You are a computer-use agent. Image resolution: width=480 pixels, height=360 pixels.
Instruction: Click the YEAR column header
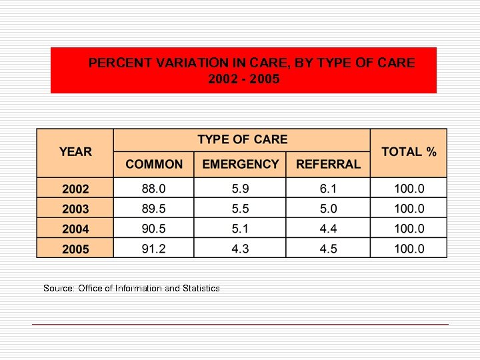pyautogui.click(x=75, y=152)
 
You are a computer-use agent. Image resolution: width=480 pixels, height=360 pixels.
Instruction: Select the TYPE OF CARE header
pyautogui.click(x=242, y=139)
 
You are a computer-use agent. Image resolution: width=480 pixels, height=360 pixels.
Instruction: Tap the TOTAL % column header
pyautogui.click(x=409, y=152)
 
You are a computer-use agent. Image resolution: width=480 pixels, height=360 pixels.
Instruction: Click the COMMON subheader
pyautogui.click(x=154, y=164)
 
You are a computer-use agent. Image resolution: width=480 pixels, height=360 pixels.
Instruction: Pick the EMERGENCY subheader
pyautogui.click(x=240, y=164)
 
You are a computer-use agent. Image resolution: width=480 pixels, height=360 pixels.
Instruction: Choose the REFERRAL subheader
pyautogui.click(x=328, y=164)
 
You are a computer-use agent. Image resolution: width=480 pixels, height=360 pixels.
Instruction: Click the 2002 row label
pyautogui.click(x=75, y=189)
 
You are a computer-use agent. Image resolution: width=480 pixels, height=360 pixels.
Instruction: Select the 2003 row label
pyautogui.click(x=75, y=209)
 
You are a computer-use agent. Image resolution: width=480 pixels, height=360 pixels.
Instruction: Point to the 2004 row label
pyautogui.click(x=75, y=229)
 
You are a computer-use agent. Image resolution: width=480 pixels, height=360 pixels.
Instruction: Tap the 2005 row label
pyautogui.click(x=75, y=249)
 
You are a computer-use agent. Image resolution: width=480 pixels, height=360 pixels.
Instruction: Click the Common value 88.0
pyautogui.click(x=154, y=189)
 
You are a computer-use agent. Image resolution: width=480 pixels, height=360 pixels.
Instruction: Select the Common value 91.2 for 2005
pyautogui.click(x=154, y=249)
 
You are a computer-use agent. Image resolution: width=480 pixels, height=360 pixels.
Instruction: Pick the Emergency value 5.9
pyautogui.click(x=240, y=189)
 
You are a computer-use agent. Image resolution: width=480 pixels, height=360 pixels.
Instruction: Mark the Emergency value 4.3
pyautogui.click(x=240, y=249)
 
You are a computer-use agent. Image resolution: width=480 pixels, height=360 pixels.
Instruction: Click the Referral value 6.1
pyautogui.click(x=328, y=189)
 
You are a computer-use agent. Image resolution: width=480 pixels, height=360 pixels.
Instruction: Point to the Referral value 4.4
pyautogui.click(x=328, y=229)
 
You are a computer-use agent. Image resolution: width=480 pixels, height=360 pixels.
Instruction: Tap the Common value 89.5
pyautogui.click(x=154, y=209)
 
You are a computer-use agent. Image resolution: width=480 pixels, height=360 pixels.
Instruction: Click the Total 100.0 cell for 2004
pyautogui.click(x=409, y=229)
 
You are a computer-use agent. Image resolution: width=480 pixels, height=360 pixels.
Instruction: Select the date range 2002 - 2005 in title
pyautogui.click(x=244, y=79)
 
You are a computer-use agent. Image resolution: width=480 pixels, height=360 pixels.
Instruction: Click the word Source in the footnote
pyautogui.click(x=58, y=288)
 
